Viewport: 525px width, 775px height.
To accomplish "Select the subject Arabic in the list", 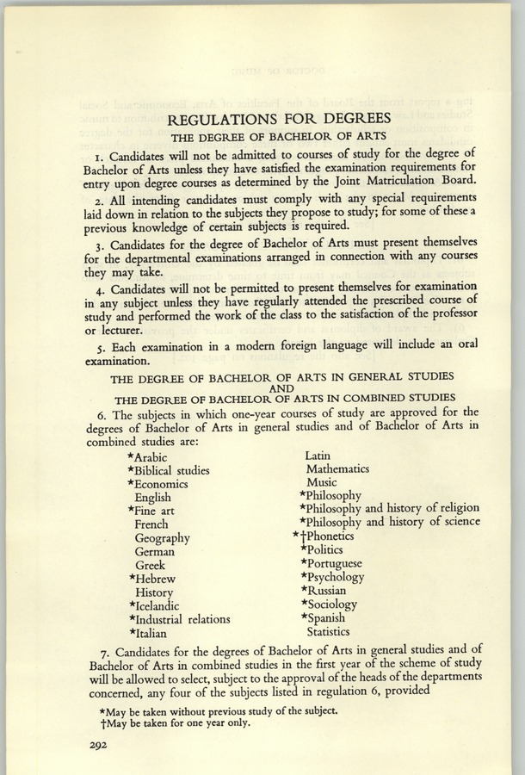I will click(x=151, y=457).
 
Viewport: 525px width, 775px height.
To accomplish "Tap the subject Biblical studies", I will click(x=172, y=471).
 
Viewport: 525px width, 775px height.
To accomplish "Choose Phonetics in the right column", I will click(x=330, y=536).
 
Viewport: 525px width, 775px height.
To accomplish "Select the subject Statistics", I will click(x=329, y=631).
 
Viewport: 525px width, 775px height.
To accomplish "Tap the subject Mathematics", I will click(x=337, y=469).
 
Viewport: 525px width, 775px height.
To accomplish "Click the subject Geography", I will click(x=162, y=538).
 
